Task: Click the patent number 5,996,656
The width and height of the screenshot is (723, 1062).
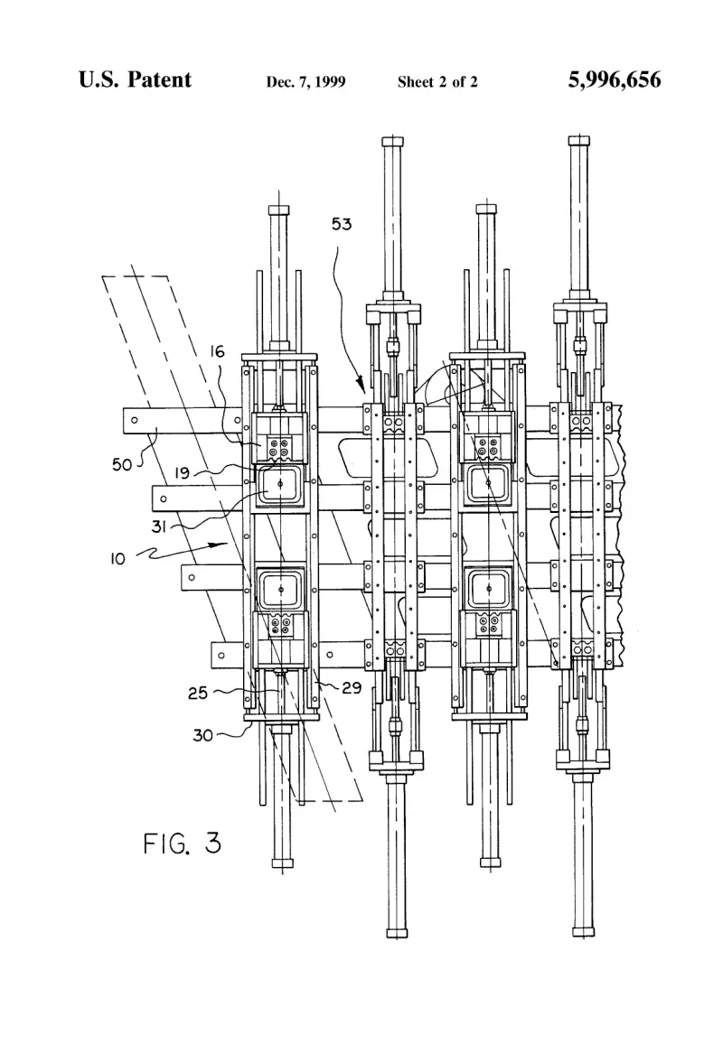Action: coord(614,79)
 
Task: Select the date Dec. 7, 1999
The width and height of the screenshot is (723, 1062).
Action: coord(305,82)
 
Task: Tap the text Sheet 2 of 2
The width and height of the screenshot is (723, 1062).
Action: coord(437,82)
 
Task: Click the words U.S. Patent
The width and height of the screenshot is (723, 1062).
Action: coord(135,79)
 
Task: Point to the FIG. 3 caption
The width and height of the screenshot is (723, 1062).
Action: coord(183,843)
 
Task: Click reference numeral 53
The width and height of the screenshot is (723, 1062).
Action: coord(342,224)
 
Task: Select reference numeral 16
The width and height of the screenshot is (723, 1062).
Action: coord(217,351)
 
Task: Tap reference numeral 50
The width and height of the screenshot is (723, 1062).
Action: coord(122,464)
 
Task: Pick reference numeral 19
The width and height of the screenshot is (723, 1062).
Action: coord(182,472)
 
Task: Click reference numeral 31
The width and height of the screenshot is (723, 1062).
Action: coord(158,526)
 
